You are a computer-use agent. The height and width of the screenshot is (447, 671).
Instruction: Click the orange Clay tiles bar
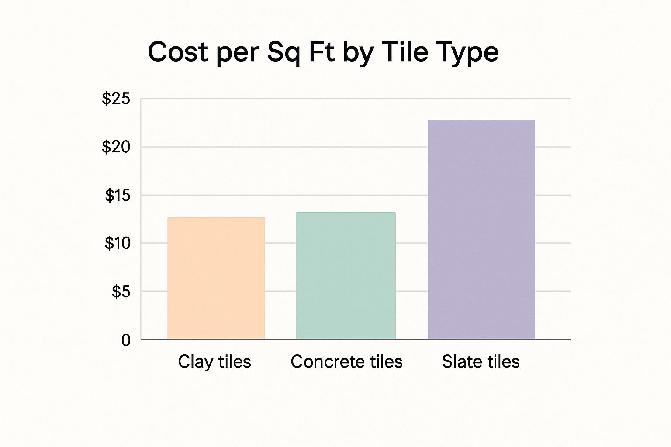point(216,279)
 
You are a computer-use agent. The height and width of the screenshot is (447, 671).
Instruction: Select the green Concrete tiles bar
point(346,276)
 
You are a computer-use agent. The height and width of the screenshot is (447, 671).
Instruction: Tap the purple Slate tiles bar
point(481,230)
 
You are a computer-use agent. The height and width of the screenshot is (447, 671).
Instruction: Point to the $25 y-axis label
point(116,99)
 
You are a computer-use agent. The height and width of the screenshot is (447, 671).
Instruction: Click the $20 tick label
point(116,147)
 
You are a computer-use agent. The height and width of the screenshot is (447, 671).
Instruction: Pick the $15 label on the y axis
point(118,196)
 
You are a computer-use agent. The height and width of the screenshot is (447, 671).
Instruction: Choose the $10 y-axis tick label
point(118,243)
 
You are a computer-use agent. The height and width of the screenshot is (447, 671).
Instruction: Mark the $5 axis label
point(121,291)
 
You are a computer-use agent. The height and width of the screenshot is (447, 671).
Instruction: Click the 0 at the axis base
point(126,340)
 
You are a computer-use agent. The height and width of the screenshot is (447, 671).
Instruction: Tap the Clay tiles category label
point(214,362)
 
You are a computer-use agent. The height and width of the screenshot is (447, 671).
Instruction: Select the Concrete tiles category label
point(346,362)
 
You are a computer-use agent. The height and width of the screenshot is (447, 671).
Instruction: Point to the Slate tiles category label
point(481,362)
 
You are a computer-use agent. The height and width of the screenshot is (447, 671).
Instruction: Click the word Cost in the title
point(178,52)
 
